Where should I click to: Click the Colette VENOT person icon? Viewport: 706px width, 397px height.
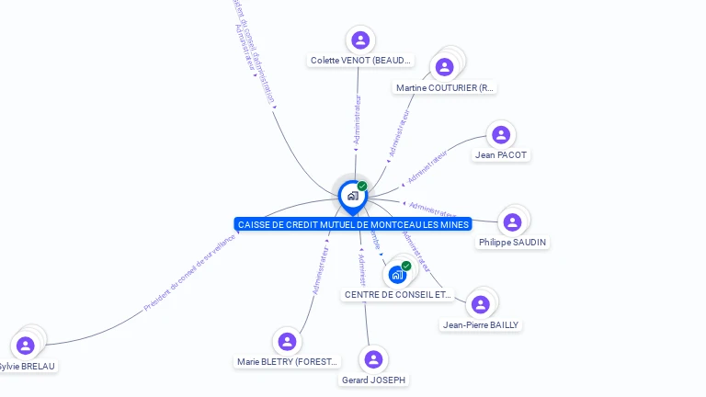(360, 40)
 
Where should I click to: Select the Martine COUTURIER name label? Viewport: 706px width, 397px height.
(445, 88)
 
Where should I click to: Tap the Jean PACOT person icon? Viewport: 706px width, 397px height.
(501, 135)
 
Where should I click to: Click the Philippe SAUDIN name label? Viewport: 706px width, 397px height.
(513, 243)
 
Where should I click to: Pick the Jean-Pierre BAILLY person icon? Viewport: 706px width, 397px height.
(480, 304)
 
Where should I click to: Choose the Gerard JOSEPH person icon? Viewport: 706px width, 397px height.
(373, 359)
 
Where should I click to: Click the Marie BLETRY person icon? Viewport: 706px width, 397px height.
(288, 342)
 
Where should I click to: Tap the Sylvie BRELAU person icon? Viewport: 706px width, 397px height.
(26, 346)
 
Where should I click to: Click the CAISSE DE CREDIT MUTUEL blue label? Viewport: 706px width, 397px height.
(353, 224)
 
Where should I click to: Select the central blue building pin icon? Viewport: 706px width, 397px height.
(352, 196)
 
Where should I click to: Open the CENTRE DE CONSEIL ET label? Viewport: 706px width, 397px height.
(399, 295)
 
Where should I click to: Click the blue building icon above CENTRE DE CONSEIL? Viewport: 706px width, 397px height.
(397, 274)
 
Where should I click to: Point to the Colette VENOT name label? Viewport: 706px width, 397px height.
(360, 61)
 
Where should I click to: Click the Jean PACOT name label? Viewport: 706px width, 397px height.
(501, 155)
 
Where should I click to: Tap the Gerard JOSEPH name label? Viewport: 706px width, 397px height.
(373, 380)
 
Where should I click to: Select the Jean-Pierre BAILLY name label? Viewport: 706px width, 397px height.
(481, 324)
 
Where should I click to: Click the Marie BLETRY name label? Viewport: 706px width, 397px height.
(288, 362)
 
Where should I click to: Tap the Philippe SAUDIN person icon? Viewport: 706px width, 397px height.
(513, 222)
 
